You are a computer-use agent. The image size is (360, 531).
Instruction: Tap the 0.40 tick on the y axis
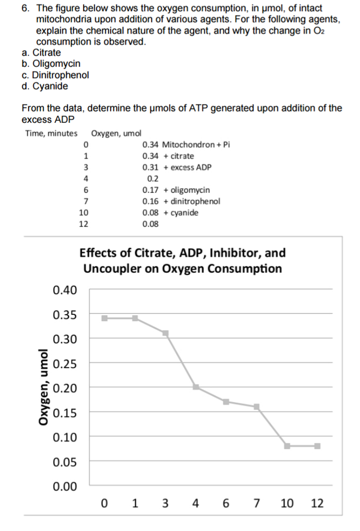pos(65,290)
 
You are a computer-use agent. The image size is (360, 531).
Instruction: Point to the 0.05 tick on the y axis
pos(65,461)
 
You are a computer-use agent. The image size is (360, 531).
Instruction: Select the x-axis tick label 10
pos(287,503)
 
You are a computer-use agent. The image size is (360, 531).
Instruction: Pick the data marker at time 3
pos(165,333)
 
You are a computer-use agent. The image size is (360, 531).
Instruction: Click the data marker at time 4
pos(196,387)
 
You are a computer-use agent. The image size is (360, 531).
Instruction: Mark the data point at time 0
pos(105,318)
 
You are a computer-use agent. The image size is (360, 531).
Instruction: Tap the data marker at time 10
pos(287,446)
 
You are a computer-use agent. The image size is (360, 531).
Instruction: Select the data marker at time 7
pos(257,407)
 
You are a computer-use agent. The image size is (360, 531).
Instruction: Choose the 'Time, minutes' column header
pos(51,133)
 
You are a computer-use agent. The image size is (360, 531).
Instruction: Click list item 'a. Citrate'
pos(41,52)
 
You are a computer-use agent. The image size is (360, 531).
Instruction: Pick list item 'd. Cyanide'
pos(45,86)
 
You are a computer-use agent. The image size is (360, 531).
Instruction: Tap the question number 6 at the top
pos(25,8)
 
